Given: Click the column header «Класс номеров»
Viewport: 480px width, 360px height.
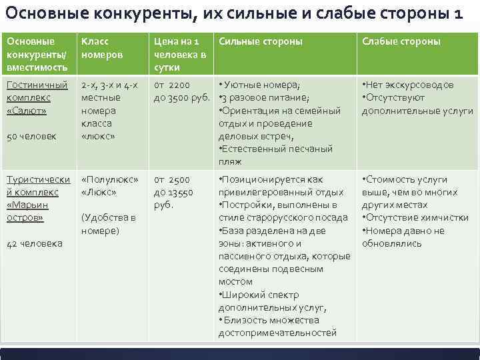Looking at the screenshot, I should (99, 47).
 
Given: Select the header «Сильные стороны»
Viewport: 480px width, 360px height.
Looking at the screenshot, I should (260, 41).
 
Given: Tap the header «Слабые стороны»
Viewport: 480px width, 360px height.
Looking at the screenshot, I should (401, 41).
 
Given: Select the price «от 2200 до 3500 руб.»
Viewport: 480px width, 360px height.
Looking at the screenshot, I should (181, 91).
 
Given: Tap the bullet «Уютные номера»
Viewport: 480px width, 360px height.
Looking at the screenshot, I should (260, 85).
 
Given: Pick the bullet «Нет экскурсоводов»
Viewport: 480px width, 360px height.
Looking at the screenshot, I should (407, 85).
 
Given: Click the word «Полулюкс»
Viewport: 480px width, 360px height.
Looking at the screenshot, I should (109, 180).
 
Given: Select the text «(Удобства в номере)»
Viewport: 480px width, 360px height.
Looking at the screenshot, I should (108, 224).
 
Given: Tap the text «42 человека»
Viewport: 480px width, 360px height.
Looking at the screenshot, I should (34, 243).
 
